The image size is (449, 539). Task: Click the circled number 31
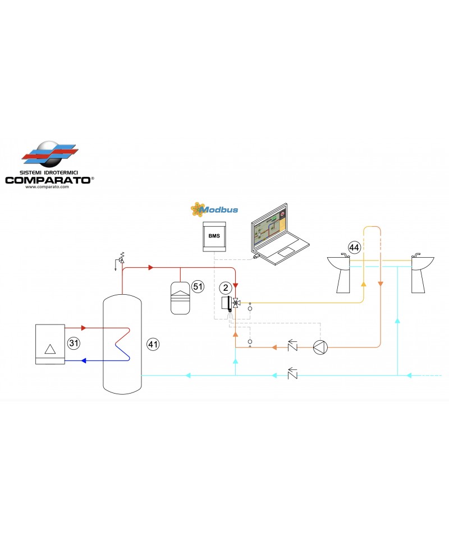click(x=72, y=342)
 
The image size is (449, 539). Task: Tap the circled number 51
click(x=197, y=286)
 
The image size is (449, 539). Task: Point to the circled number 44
click(x=354, y=247)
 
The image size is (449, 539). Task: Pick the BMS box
click(x=214, y=237)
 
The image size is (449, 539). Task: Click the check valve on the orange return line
click(x=292, y=347)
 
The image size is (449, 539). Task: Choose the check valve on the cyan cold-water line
click(x=292, y=374)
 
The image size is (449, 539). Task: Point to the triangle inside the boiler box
click(x=51, y=349)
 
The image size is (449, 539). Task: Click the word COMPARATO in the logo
click(x=49, y=180)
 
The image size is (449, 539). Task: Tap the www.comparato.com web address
click(x=47, y=187)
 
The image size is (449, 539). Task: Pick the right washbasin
click(x=420, y=273)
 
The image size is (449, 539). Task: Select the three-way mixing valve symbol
click(x=236, y=303)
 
